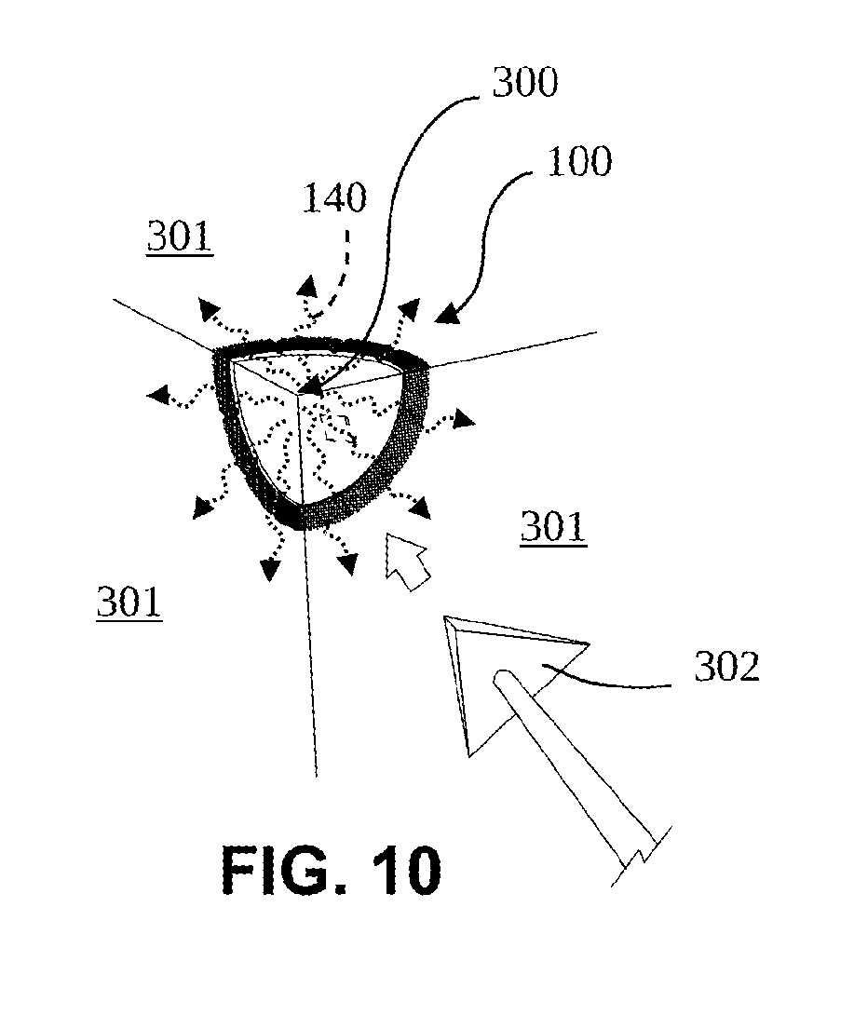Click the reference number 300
(525, 83)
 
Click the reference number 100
(579, 161)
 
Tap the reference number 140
(334, 197)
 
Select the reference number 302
(726, 667)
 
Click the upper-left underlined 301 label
(180, 237)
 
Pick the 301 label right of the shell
(553, 527)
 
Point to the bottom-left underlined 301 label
(129, 602)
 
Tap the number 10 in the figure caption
(406, 870)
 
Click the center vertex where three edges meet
(298, 395)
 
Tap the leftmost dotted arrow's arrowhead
(156, 395)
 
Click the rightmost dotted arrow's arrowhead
(464, 419)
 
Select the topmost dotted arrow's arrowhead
(306, 287)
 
